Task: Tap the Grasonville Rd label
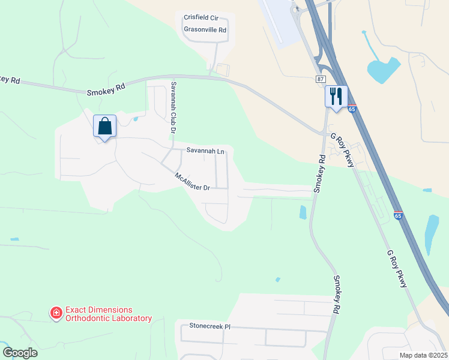[205, 29]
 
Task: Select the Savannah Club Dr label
[173, 107]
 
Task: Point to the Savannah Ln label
[205, 151]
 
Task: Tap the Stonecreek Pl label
[210, 326]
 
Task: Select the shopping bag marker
[104, 126]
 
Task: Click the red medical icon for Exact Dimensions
[56, 313]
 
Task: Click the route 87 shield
[321, 79]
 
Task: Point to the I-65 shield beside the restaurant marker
[352, 109]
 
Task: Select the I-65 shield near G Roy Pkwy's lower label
[398, 214]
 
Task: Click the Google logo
[20, 353]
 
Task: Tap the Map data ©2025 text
[423, 355]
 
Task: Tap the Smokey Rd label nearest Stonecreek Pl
[337, 295]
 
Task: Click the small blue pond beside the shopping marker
[136, 119]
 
